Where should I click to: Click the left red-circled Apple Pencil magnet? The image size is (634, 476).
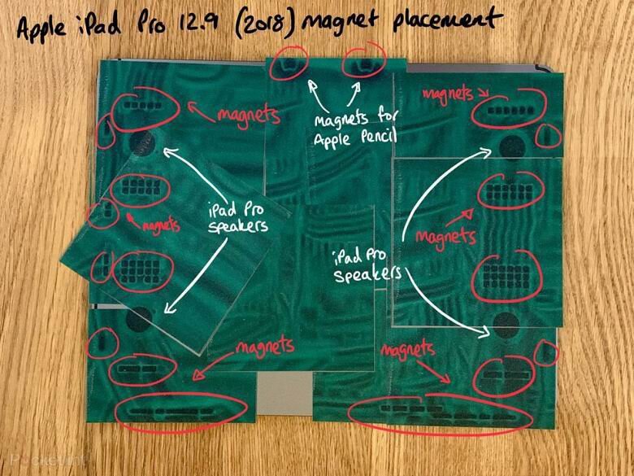click(x=289, y=63)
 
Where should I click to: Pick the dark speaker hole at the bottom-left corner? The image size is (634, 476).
click(x=138, y=318)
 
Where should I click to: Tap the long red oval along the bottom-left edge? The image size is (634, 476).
click(x=179, y=412)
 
